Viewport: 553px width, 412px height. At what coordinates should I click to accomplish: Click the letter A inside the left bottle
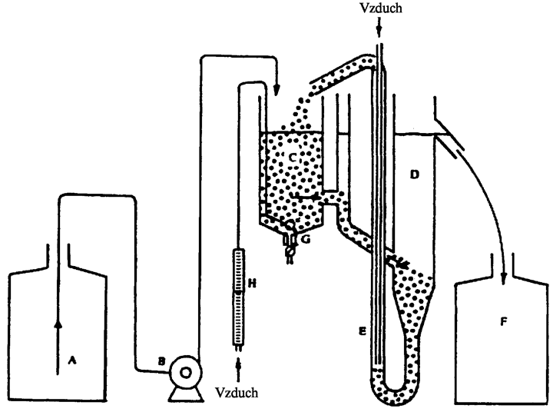point(72,360)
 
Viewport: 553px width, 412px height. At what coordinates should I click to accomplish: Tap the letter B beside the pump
point(161,362)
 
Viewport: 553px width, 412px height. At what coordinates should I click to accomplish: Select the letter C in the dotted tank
point(293,158)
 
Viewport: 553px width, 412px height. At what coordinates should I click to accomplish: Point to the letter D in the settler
point(415,174)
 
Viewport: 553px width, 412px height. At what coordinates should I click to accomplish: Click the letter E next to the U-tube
point(363,331)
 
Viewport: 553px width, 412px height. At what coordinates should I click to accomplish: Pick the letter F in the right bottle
point(504,321)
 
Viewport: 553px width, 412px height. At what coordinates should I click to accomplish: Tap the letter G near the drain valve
point(306,239)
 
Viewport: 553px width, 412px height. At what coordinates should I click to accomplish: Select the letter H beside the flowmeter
point(252,283)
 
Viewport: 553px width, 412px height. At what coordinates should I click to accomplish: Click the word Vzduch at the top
point(381,8)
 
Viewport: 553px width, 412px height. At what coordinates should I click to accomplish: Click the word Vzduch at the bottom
point(237,393)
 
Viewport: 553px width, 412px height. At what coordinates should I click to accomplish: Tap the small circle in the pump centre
point(186,372)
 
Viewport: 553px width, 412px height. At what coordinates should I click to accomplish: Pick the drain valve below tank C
point(290,244)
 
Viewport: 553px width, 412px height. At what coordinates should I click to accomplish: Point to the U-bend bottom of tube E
point(395,394)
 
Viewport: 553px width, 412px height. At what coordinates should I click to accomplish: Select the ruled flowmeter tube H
point(239,297)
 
